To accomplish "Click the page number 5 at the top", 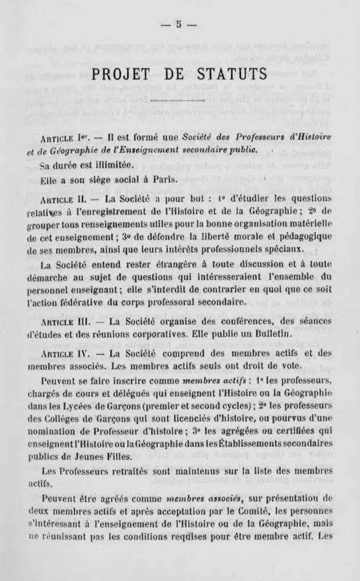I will point(178,24).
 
